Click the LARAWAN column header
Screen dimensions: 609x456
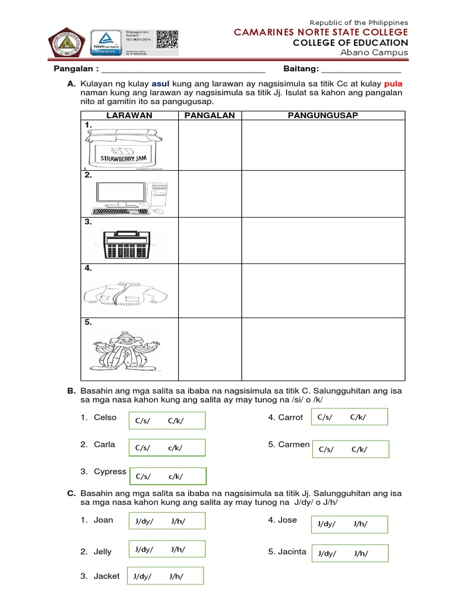129,115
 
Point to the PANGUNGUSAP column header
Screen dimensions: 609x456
323,115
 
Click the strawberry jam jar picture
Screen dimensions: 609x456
124,148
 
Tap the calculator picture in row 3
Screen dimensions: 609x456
126,244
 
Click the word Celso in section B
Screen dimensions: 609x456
105,417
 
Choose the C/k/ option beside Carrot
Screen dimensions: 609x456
358,417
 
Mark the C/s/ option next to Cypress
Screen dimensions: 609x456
144,476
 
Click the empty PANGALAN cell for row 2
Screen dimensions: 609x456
208,194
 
